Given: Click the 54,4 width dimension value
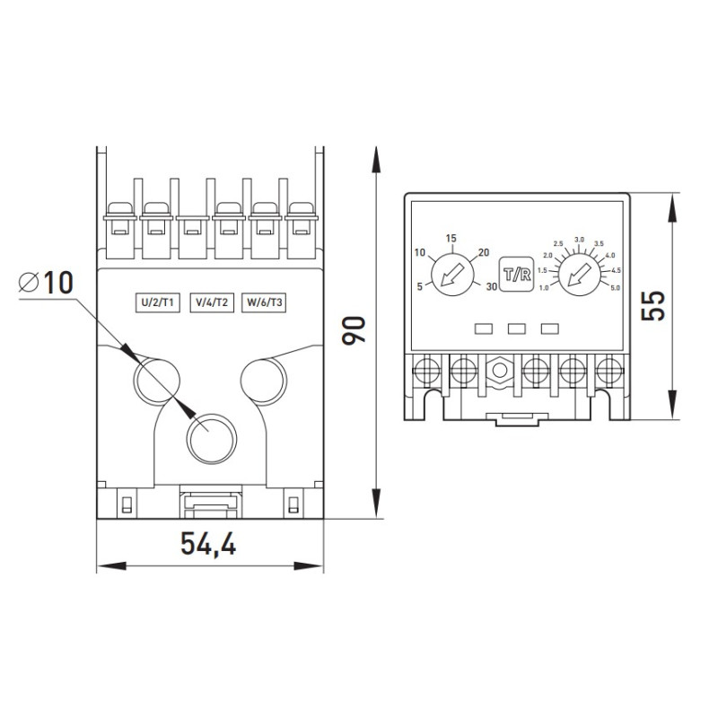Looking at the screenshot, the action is [208, 544].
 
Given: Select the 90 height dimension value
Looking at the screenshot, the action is [355, 329].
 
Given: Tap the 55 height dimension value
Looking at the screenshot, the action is [652, 306].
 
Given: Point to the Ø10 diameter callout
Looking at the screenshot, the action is [46, 282].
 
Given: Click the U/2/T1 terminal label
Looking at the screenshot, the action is [158, 302].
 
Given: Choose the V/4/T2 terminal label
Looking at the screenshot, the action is [212, 302].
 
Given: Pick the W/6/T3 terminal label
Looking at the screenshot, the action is [264, 302].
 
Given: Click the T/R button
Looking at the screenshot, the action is [517, 275].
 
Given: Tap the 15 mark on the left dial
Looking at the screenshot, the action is [451, 238].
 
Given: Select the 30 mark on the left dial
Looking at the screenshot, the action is [492, 286].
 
